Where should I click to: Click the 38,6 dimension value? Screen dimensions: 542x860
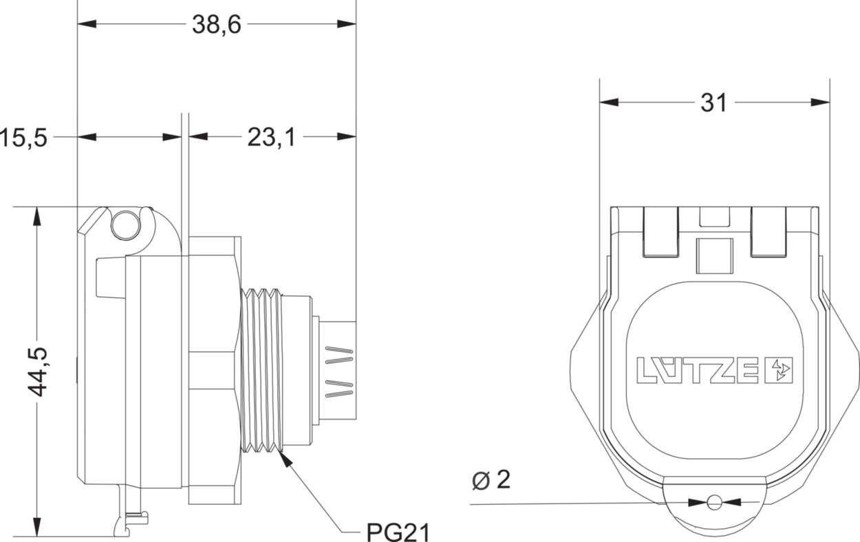[x=216, y=25]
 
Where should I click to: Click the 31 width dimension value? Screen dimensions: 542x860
[x=713, y=103]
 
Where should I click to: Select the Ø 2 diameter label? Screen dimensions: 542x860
[x=492, y=480]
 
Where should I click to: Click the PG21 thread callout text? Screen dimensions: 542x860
[x=397, y=531]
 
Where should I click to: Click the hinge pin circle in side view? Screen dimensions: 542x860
[x=125, y=224]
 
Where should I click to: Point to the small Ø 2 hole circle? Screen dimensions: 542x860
[x=715, y=502]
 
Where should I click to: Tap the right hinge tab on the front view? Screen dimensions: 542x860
[x=768, y=231]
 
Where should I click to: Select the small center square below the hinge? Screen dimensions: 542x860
[x=713, y=256]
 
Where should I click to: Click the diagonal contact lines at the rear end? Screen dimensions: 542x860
[x=338, y=375]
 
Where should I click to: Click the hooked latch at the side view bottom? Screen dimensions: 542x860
[x=131, y=519]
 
